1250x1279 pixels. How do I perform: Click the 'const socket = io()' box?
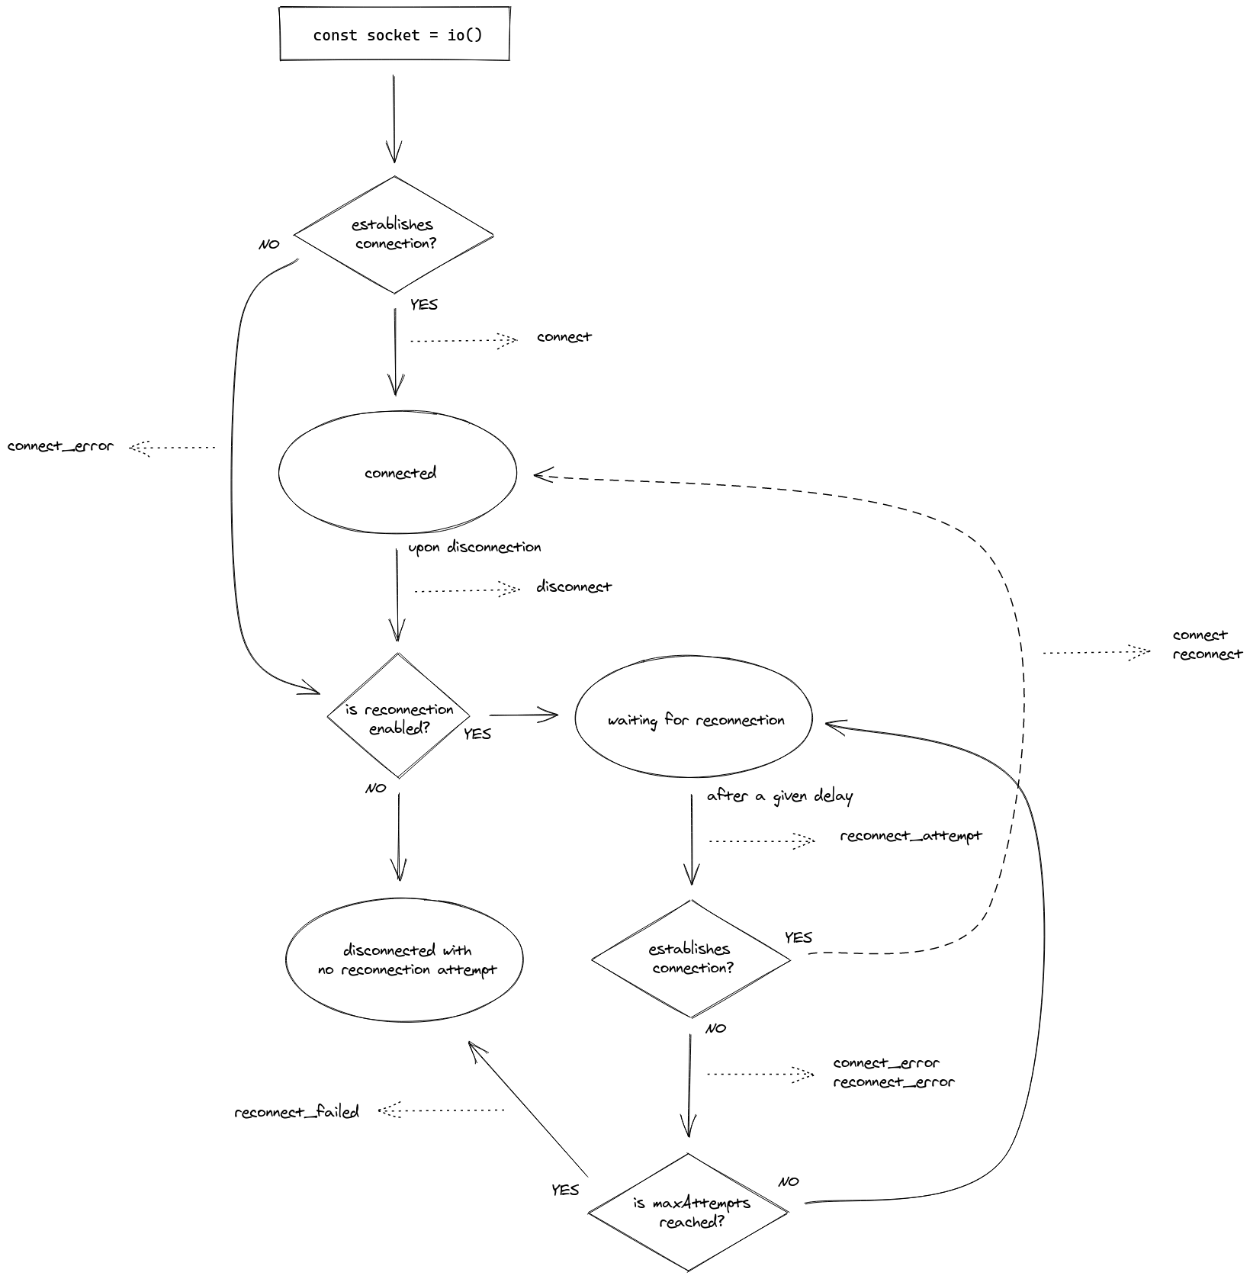pyautogui.click(x=394, y=34)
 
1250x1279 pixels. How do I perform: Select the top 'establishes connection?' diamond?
pyautogui.click(x=394, y=234)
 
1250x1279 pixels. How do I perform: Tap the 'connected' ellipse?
pyautogui.click(x=398, y=473)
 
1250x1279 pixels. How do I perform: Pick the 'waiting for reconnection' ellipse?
pyautogui.click(x=693, y=718)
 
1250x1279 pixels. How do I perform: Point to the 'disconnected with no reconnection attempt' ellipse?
pyautogui.click(x=405, y=959)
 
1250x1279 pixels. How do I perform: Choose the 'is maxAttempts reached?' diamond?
pyautogui.click(x=688, y=1212)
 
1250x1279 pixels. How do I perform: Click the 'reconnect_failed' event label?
pyautogui.click(x=296, y=1112)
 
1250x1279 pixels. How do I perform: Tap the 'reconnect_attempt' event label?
pyautogui.click(x=911, y=836)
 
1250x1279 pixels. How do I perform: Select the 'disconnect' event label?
pyautogui.click(x=574, y=586)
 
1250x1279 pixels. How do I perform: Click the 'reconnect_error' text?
pyautogui.click(x=893, y=1082)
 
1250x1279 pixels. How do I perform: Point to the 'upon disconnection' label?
pyautogui.click(x=474, y=547)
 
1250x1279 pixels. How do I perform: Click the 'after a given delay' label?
pyautogui.click(x=779, y=796)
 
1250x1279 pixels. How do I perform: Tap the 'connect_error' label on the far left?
pyautogui.click(x=60, y=446)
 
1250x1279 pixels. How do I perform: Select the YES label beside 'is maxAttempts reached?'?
pyautogui.click(x=565, y=1190)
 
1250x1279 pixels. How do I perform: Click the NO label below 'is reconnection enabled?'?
pyautogui.click(x=376, y=788)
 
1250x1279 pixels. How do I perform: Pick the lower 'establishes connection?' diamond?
pyautogui.click(x=691, y=959)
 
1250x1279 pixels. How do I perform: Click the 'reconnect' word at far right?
pyautogui.click(x=1207, y=654)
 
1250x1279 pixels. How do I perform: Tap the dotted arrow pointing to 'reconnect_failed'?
pyautogui.click(x=442, y=1110)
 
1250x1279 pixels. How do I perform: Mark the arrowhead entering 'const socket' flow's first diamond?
pyautogui.click(x=394, y=153)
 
